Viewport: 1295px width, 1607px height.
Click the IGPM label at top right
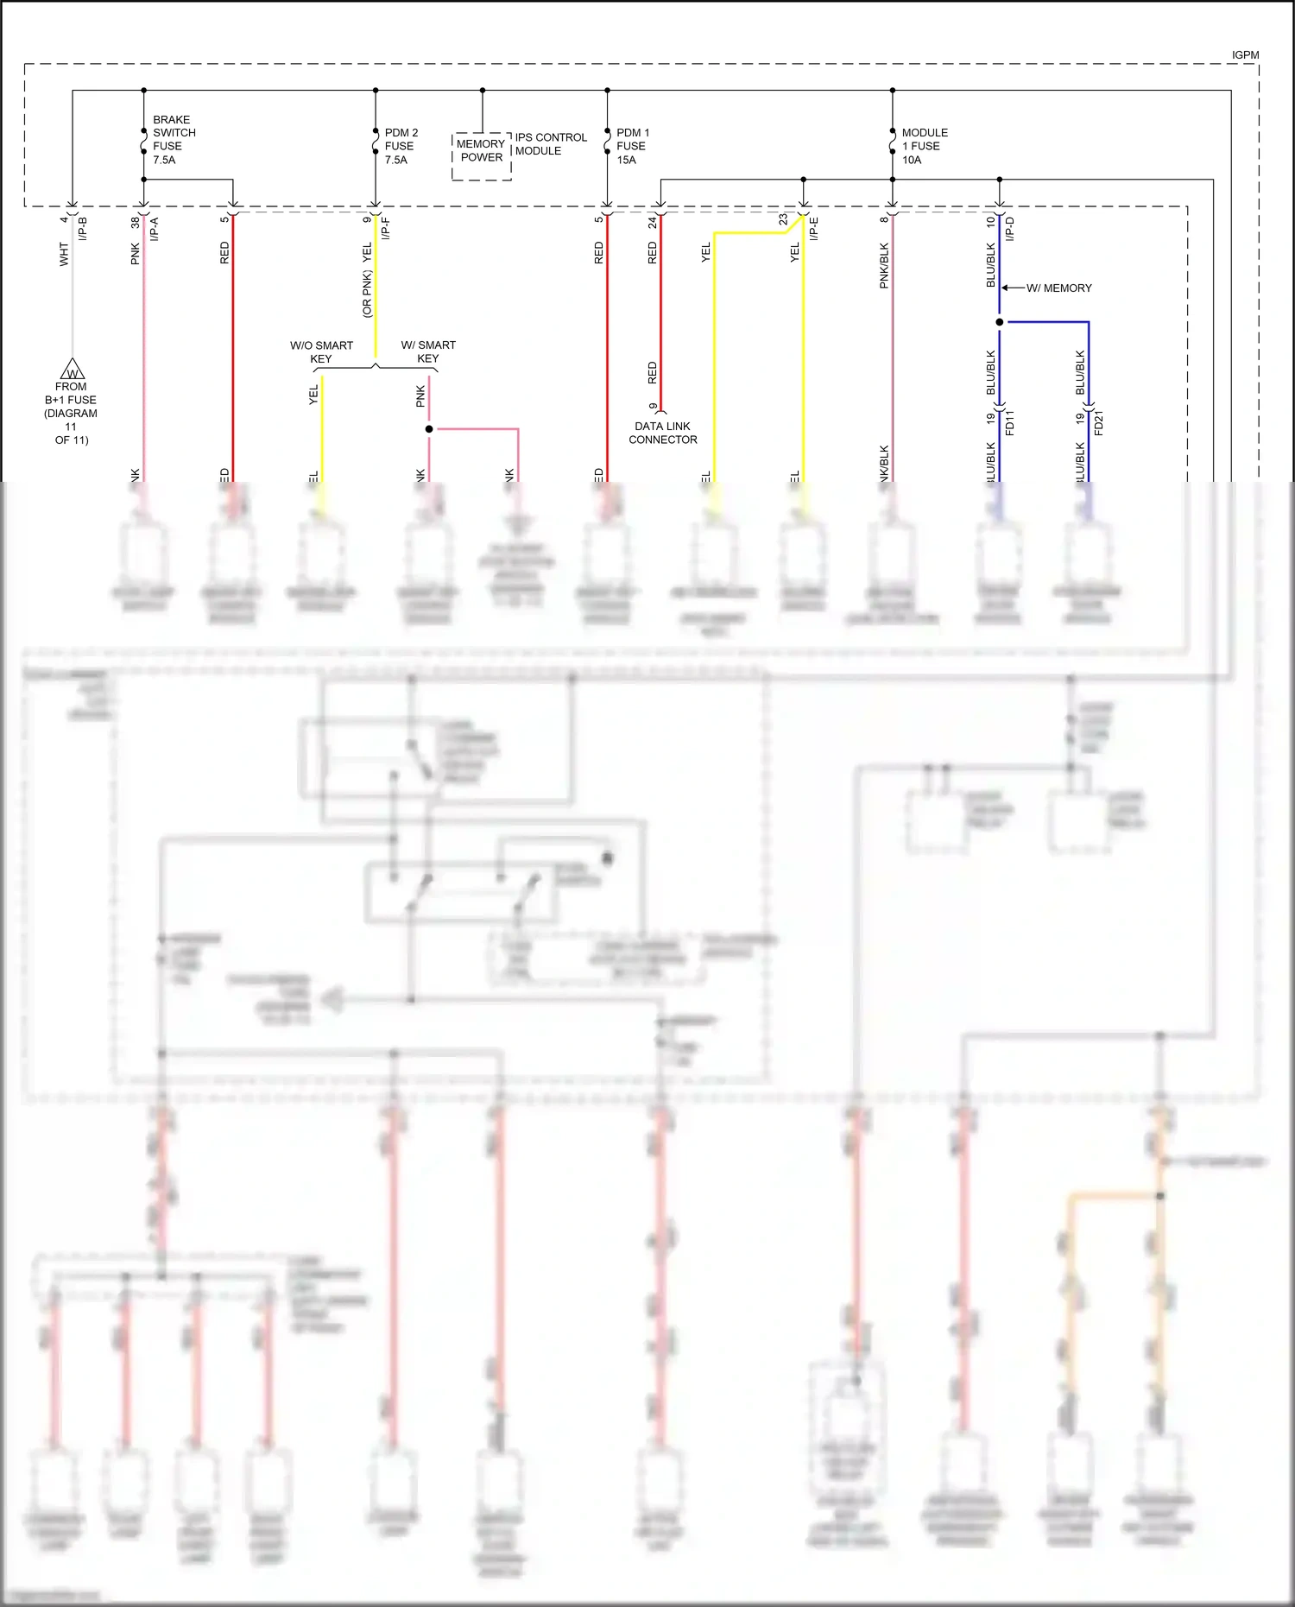(x=1244, y=55)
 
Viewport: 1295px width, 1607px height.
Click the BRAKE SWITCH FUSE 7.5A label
(x=174, y=140)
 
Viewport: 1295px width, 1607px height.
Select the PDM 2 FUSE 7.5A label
(x=401, y=146)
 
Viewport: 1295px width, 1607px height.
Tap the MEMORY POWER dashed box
(x=481, y=155)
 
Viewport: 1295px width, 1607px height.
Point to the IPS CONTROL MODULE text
(x=550, y=144)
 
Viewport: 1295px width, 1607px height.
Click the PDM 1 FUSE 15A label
(x=632, y=146)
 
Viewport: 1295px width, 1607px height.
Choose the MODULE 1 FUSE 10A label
(x=924, y=146)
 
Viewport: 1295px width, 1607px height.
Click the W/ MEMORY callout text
(x=1058, y=288)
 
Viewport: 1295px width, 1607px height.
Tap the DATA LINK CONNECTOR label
(x=662, y=433)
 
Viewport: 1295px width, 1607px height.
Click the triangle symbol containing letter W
(x=73, y=370)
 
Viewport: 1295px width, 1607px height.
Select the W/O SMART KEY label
(x=321, y=351)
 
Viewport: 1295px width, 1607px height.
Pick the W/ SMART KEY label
(x=428, y=351)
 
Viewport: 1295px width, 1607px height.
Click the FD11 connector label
(x=1010, y=422)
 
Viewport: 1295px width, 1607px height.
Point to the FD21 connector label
(x=1099, y=422)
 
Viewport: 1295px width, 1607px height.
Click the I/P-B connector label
(x=84, y=228)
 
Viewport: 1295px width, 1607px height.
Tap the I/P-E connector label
(x=814, y=228)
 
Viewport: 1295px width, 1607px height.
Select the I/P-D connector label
(x=1010, y=228)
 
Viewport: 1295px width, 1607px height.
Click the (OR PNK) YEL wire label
(x=367, y=281)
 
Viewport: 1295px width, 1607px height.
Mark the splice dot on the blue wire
(x=1000, y=322)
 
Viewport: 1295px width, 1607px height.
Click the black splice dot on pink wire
(x=429, y=428)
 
